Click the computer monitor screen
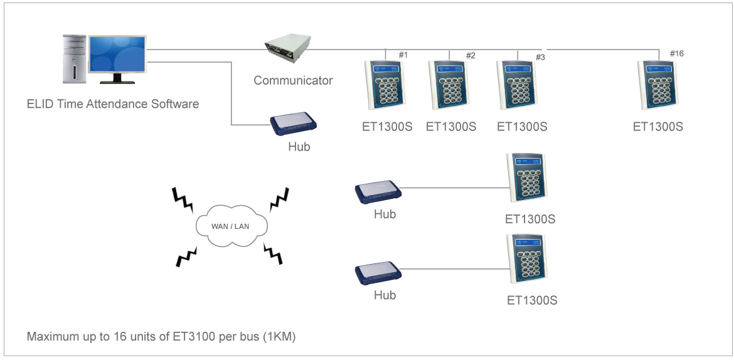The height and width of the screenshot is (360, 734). (x=117, y=55)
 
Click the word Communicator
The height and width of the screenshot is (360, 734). (x=293, y=80)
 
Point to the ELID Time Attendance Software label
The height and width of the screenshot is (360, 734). (x=113, y=104)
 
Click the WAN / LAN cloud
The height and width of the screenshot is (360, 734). (x=231, y=225)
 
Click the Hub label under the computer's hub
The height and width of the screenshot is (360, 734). (x=299, y=147)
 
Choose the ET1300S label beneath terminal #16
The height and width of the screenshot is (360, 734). (x=657, y=127)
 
